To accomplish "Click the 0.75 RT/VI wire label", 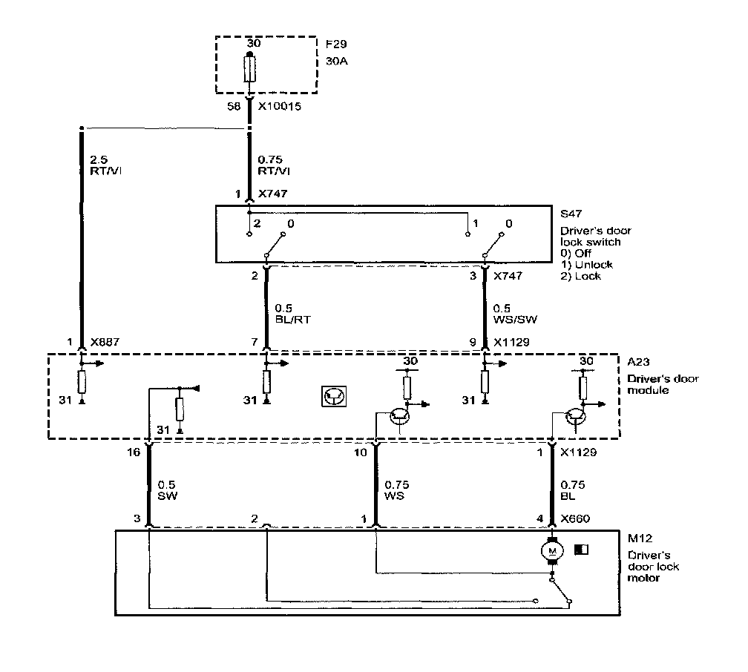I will (x=273, y=164).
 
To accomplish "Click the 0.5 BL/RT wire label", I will (x=289, y=312).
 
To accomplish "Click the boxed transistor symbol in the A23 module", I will (x=332, y=397).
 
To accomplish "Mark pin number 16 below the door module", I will (x=134, y=451).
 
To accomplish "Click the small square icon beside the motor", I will (x=581, y=550).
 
